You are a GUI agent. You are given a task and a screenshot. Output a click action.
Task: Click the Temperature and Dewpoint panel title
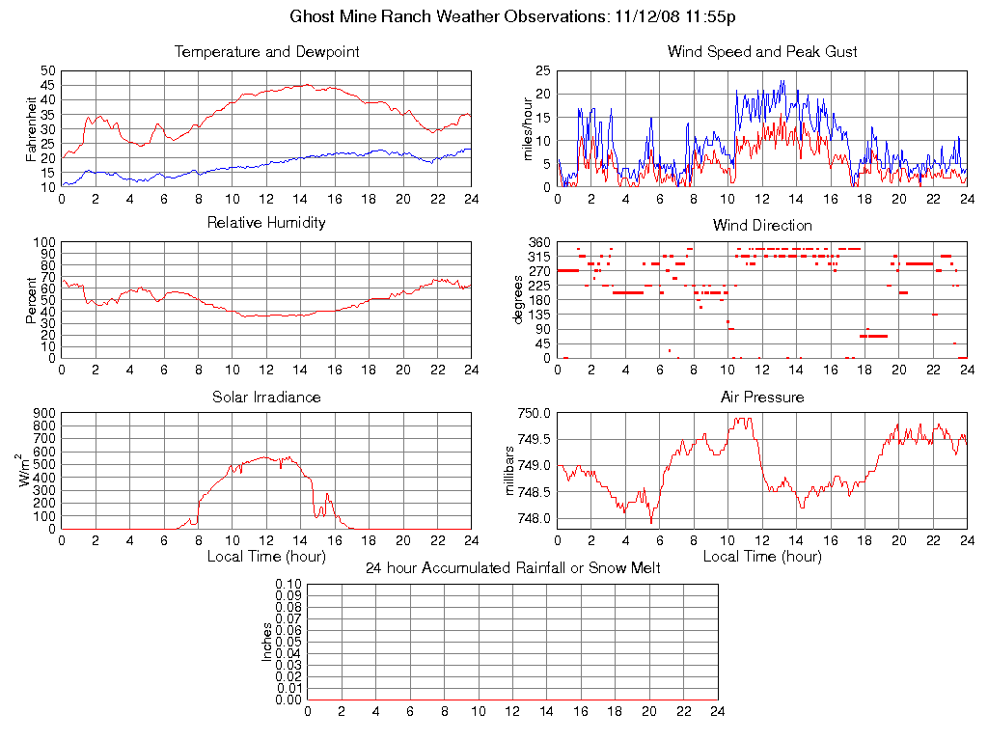tap(266, 52)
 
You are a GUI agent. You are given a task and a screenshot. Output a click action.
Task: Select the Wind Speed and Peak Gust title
tap(762, 52)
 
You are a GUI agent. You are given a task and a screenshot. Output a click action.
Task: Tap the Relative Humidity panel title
tap(266, 223)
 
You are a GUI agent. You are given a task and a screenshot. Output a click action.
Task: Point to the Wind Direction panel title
tap(762, 226)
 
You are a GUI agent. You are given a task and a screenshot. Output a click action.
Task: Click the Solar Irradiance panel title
tap(266, 397)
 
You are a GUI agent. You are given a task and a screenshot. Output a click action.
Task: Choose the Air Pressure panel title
tap(762, 397)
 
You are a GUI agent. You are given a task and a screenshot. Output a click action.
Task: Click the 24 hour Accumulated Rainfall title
tap(512, 568)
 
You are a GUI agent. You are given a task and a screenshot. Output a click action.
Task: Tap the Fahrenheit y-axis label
tap(32, 129)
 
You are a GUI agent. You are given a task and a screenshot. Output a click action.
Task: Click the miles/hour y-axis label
tap(527, 129)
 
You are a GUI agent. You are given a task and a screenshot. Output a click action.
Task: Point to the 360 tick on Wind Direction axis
tap(538, 242)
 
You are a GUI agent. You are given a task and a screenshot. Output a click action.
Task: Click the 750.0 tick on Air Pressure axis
tap(534, 413)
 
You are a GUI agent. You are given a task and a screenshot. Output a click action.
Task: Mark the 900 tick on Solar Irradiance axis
tap(44, 413)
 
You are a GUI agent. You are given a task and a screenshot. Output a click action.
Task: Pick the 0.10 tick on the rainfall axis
tap(288, 585)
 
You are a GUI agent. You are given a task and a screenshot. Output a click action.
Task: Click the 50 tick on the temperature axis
tap(48, 71)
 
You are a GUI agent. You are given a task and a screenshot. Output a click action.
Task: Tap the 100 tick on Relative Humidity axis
tap(44, 242)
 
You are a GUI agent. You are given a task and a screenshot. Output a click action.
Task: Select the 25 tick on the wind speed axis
tap(542, 71)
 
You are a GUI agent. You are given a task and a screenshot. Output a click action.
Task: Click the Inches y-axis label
tap(267, 642)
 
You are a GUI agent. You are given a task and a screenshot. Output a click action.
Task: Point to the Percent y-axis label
tap(32, 300)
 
